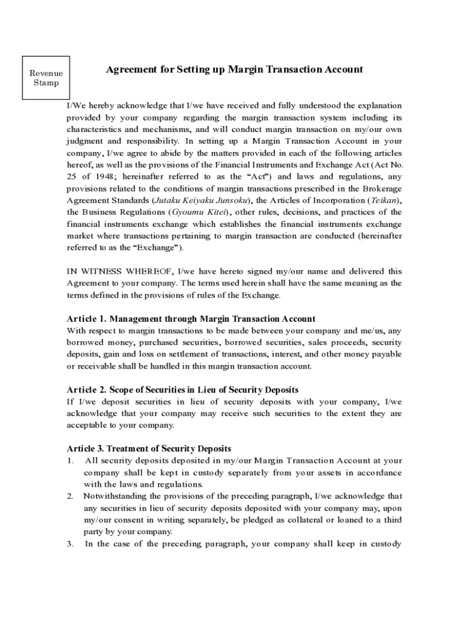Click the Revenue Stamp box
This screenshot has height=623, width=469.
46,78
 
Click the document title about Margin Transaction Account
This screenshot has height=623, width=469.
234,69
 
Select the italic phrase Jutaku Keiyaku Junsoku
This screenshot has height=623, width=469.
192,200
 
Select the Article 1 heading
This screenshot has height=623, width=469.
191,319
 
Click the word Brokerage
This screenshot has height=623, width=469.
381,189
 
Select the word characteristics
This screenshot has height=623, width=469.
97,129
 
